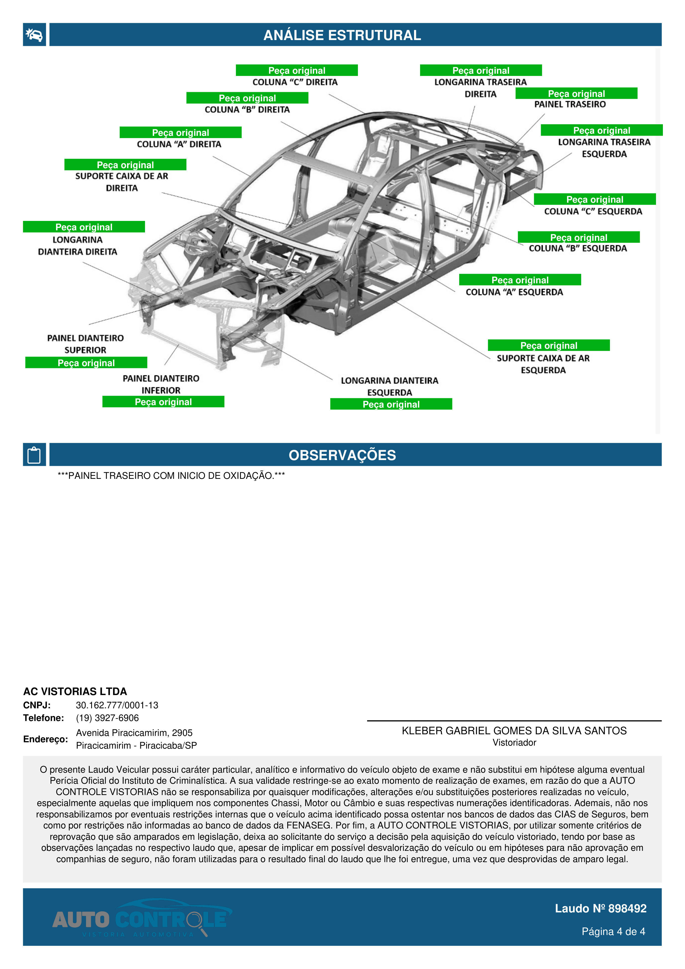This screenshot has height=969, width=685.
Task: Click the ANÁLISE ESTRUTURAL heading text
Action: click(342, 35)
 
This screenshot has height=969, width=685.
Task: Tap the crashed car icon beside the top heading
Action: click(34, 35)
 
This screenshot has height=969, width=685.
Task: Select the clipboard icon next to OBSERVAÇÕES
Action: click(34, 455)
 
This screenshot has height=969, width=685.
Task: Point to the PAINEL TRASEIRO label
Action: click(570, 104)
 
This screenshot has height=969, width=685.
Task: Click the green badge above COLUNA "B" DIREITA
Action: click(247, 98)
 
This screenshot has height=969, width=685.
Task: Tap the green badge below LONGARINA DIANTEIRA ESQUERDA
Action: click(391, 404)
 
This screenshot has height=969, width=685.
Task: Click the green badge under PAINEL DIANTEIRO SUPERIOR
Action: click(86, 363)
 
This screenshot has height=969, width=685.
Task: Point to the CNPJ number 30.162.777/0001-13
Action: click(117, 705)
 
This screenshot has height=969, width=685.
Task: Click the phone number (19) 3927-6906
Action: click(107, 718)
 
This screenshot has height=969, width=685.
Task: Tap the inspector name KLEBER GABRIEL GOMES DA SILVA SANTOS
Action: click(514, 731)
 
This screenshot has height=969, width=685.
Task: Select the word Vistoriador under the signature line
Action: click(514, 743)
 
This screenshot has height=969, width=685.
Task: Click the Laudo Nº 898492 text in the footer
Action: click(600, 909)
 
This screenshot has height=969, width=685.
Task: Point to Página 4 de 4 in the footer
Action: click(613, 931)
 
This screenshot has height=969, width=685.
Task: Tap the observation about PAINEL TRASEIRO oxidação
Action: click(171, 476)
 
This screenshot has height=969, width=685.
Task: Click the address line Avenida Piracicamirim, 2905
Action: click(134, 733)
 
